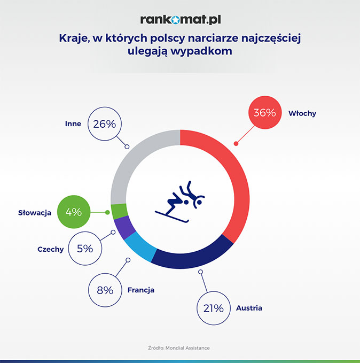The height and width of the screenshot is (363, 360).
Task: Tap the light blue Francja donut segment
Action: click(140, 247)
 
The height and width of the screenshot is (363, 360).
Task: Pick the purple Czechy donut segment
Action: click(124, 227)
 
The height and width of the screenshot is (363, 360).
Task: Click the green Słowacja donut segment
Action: click(120, 211)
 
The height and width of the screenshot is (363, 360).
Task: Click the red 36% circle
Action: click(265, 112)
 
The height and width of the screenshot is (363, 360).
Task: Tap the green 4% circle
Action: click(74, 212)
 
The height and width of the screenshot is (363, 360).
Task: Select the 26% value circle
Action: click(105, 124)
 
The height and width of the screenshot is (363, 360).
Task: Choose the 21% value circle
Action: click(214, 308)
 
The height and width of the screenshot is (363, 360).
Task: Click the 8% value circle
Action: click(105, 290)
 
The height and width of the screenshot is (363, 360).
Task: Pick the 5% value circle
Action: click(85, 249)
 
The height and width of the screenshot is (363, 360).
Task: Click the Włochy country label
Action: click(302, 113)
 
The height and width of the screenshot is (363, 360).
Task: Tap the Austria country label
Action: click(249, 308)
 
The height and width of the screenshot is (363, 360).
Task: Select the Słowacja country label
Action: click(35, 213)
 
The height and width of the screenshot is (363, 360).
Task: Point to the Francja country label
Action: click(141, 290)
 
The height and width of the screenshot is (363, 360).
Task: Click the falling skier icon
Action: click(180, 202)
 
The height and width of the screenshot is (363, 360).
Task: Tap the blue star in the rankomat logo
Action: click(176, 20)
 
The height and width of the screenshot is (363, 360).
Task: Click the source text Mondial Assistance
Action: click(187, 348)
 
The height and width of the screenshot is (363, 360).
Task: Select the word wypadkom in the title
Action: click(201, 51)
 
